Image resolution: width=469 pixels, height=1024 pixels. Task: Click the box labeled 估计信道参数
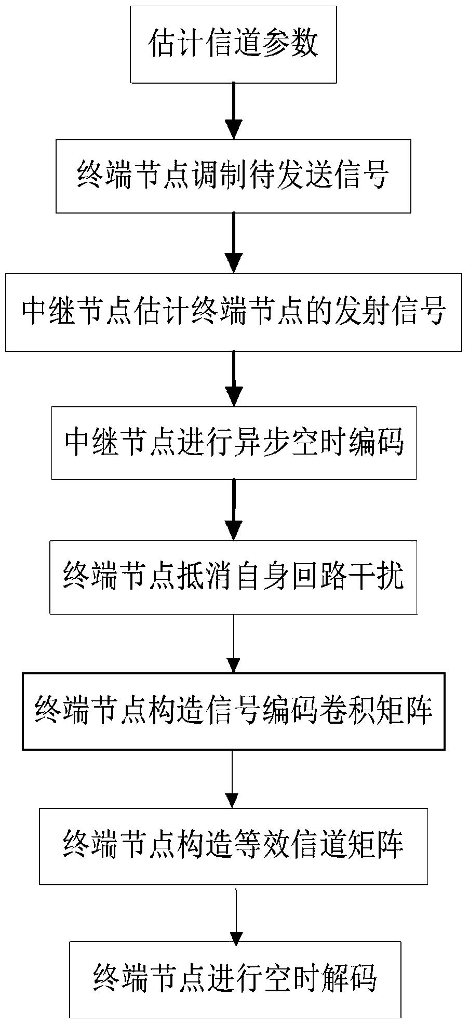[233, 44]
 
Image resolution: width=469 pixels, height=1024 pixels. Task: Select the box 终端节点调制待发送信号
[233, 176]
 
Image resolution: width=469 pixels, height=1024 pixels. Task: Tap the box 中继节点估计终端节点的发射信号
[233, 313]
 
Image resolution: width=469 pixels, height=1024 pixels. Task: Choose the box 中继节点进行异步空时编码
[234, 443]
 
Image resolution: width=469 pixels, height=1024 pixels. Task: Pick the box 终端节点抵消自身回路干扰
[233, 577]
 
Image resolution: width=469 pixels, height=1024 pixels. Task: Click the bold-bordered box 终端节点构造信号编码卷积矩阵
[233, 711]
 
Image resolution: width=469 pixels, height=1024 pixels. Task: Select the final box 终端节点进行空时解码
[235, 979]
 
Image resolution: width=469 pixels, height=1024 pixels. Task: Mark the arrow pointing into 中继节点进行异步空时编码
[234, 379]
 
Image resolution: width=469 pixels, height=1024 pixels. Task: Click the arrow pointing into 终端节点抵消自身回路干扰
[234, 510]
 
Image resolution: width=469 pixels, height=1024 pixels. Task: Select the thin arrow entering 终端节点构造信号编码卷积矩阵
[234, 644]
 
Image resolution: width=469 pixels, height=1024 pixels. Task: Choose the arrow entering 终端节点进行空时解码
[236, 915]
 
